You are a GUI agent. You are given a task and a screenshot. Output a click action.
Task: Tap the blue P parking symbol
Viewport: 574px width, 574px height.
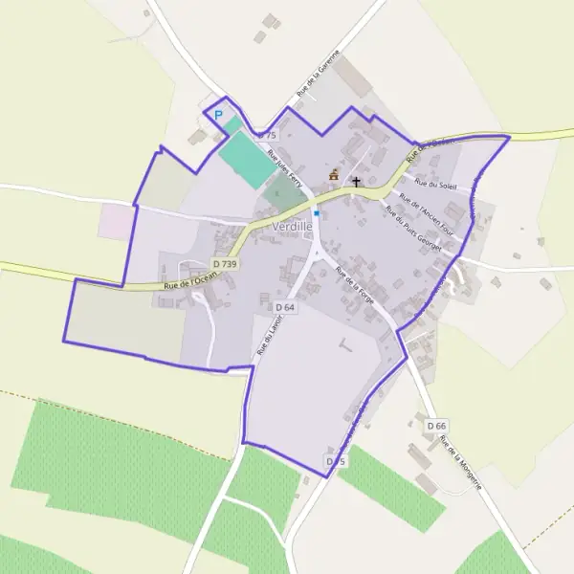(218, 116)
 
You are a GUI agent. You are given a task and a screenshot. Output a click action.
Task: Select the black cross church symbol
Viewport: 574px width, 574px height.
(357, 181)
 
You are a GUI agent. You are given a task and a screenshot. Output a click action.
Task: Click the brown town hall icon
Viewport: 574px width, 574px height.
(334, 175)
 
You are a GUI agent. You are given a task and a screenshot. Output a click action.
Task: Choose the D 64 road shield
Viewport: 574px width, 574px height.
(285, 307)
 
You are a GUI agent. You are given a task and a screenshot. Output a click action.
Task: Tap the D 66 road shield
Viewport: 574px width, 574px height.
(437, 426)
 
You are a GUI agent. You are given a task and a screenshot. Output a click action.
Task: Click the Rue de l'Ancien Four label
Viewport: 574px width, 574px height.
(425, 214)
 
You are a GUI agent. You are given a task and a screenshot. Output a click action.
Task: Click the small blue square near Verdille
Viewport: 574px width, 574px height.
(316, 212)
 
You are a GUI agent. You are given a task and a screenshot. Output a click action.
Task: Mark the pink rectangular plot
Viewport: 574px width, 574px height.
(117, 221)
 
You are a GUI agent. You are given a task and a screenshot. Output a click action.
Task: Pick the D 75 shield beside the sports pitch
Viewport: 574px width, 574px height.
(266, 137)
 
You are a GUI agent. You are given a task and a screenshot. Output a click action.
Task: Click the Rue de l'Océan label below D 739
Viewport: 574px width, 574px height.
(190, 280)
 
